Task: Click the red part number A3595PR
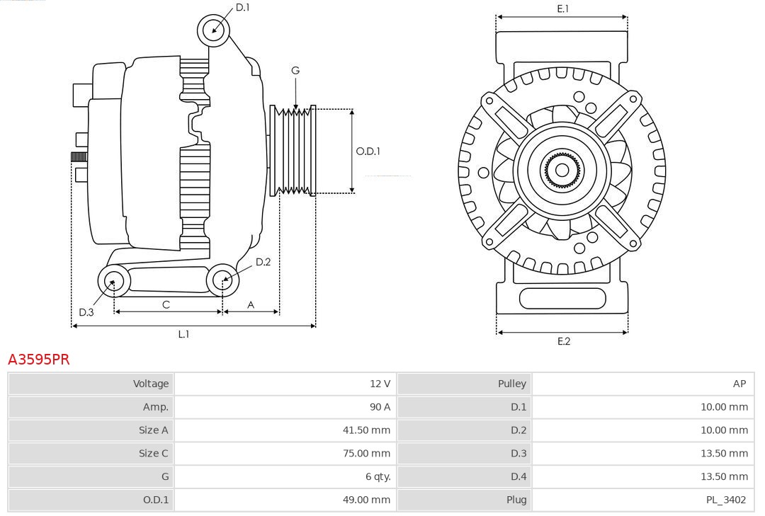pos(39,360)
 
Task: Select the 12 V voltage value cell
pos(380,384)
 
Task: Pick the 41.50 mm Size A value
pos(366,430)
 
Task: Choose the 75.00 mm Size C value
pos(366,453)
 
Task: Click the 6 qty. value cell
pos(378,476)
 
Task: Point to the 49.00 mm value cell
pos(366,500)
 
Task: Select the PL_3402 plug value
pos(725,500)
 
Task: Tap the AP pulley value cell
pos(739,384)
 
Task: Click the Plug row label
pos(516,500)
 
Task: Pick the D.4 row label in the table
pos(518,476)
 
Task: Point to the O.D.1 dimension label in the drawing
pos(368,151)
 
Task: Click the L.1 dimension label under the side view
pos(183,334)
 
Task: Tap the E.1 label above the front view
pos(563,8)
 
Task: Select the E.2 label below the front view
pos(563,341)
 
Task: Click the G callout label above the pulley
pos(295,70)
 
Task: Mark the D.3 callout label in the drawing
pos(86,312)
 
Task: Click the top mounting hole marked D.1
pos(213,30)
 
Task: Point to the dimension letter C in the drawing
pos(166,304)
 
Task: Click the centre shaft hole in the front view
pos(562,170)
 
